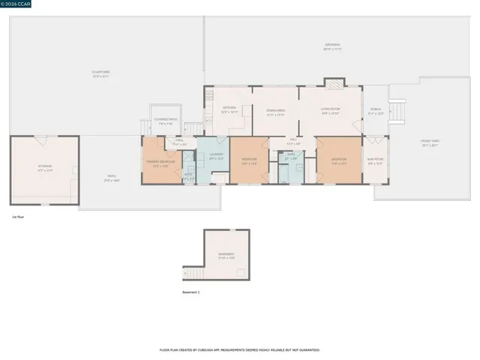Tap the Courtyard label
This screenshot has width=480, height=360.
tap(100, 73)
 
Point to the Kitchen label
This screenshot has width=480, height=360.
tap(229, 109)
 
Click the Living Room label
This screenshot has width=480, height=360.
tap(331, 111)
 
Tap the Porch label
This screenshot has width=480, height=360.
tap(376, 111)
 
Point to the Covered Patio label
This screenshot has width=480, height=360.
tap(165, 121)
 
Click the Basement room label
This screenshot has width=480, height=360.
tap(226, 256)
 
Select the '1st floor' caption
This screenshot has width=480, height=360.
tap(19, 216)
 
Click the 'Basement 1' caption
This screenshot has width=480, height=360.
tap(191, 292)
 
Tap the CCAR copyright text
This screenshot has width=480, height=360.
tap(17, 4)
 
